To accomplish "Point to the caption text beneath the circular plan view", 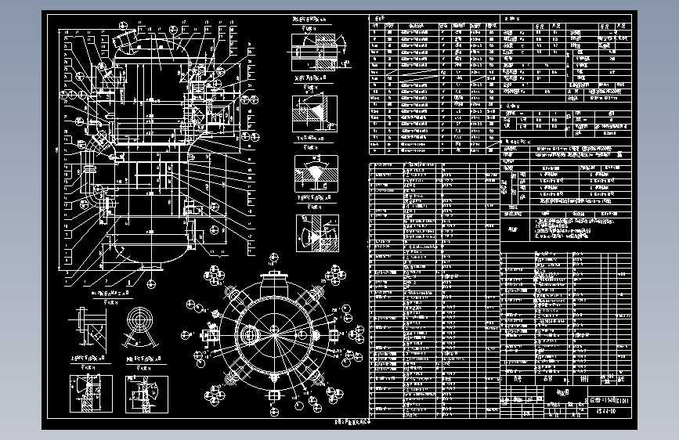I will click(345, 421).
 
